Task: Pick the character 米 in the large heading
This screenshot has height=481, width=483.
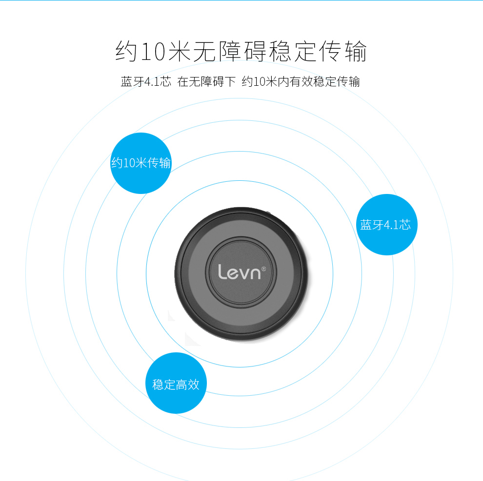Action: (178, 52)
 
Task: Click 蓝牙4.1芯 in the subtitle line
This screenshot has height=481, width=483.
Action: (146, 81)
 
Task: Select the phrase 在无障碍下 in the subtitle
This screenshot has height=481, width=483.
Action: (206, 81)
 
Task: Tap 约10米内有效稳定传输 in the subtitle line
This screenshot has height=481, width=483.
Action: (301, 81)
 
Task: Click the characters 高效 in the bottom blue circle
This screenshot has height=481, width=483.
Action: (188, 384)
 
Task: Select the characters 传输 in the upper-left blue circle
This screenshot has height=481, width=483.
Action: (159, 163)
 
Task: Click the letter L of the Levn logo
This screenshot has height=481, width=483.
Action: (222, 271)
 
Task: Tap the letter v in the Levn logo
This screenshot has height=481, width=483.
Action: (245, 273)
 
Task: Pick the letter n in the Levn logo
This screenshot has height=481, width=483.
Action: (257, 273)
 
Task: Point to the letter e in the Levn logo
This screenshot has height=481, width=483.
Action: (233, 273)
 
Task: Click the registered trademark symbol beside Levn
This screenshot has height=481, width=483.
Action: (264, 268)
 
